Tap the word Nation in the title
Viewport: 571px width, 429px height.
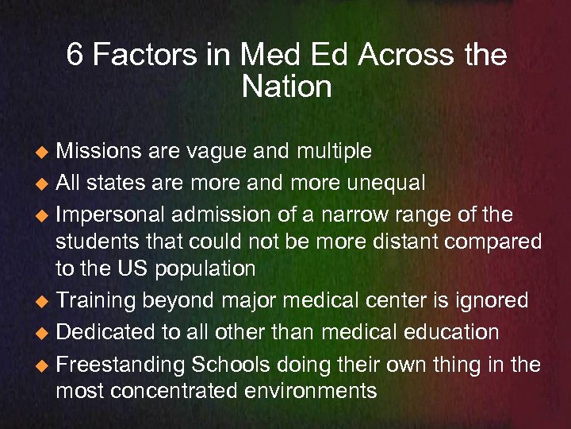[286, 87]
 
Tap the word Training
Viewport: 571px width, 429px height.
[98, 300]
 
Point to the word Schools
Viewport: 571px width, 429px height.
[228, 365]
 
